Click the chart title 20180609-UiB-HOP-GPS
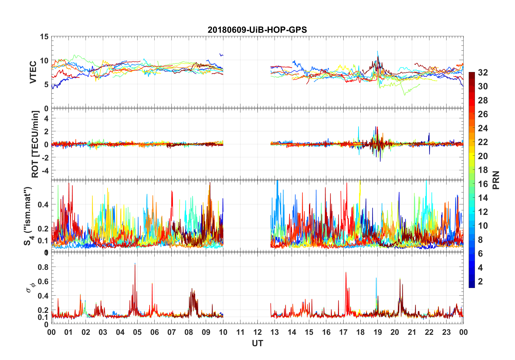pyautogui.click(x=257, y=30)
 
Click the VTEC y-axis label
pyautogui.click(x=33, y=72)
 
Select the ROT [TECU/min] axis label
pyautogui.click(x=35, y=144)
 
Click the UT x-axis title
pyautogui.click(x=257, y=343)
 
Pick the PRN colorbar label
pyautogui.click(x=496, y=180)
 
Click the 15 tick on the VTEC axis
pyautogui.click(x=44, y=37)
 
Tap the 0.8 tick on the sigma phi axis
pyautogui.click(x=43, y=267)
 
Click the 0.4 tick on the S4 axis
pyautogui.click(x=43, y=204)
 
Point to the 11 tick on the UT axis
pyautogui.click(x=240, y=332)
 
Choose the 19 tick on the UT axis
pyautogui.click(x=377, y=332)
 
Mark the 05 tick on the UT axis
pyautogui.click(x=137, y=332)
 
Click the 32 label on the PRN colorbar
pyautogui.click(x=483, y=73)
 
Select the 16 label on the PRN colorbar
pyautogui.click(x=483, y=184)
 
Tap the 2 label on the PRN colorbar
pyautogui.click(x=480, y=282)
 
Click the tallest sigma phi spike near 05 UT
pyautogui.click(x=135, y=264)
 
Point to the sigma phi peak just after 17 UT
pyautogui.click(x=346, y=273)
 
